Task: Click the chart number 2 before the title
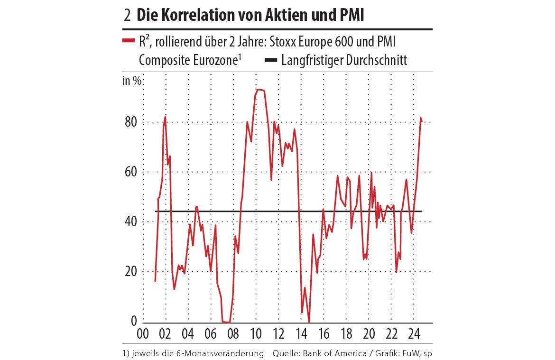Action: pos(127,16)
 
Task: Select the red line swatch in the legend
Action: pos(129,41)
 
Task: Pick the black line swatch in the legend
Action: pos(269,61)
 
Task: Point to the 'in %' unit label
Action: pos(132,80)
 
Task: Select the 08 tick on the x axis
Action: pos(233,333)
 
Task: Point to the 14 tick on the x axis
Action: pos(301,333)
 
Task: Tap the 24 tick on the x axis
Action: pos(413,333)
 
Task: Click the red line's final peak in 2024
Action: pos(421,118)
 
